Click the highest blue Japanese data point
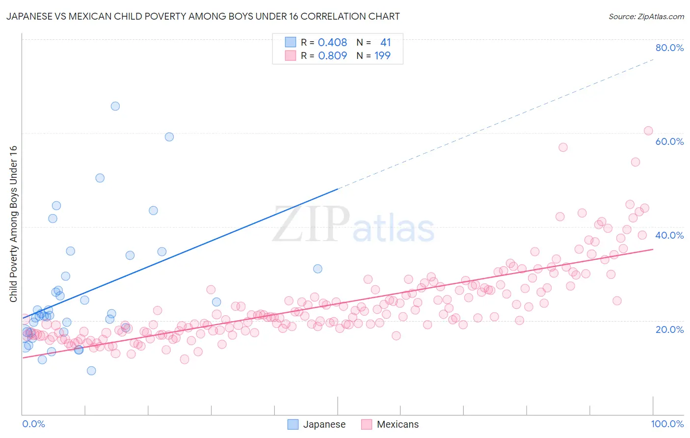coord(115,106)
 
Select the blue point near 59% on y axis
coord(169,137)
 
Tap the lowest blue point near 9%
coord(91,371)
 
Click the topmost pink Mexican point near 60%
coord(648,131)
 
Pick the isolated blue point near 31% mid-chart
coord(318,269)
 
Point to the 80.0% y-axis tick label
coord(669,48)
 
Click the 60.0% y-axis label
coord(669,141)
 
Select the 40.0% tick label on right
coord(669,235)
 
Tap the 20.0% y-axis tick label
coord(669,329)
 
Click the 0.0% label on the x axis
coord(33,424)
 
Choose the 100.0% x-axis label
coord(667,424)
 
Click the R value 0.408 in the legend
coord(332,43)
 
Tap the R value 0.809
coord(332,56)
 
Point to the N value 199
coord(382,56)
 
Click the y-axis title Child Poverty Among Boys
coord(13,224)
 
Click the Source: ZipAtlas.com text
coord(646,17)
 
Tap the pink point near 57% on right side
coord(563,147)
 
